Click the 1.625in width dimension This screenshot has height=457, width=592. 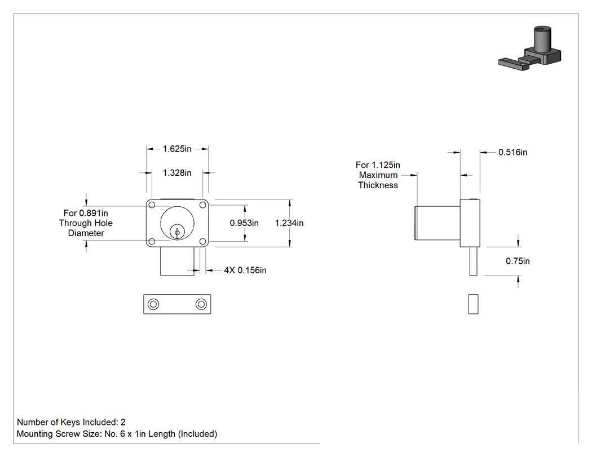(177, 149)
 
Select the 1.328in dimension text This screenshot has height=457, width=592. (177, 173)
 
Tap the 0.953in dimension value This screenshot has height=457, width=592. (244, 223)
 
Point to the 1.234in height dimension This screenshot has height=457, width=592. (289, 223)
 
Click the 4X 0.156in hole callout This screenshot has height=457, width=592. (245, 270)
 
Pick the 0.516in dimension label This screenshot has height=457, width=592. (513, 152)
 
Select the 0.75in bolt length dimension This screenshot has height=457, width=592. (518, 261)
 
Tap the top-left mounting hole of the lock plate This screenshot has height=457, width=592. (152, 205)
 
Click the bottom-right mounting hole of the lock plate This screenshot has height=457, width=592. (203, 242)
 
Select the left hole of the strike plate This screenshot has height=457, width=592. (153, 304)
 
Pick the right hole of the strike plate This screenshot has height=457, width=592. (201, 304)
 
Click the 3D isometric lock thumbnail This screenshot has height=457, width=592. (530, 49)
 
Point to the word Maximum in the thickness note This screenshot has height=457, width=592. (378, 175)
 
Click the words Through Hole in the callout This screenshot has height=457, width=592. (86, 223)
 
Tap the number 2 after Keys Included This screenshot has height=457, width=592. (123, 422)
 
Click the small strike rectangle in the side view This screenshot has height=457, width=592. (474, 304)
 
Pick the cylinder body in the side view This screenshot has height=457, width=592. (437, 223)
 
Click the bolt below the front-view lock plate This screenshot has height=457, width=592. (177, 261)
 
